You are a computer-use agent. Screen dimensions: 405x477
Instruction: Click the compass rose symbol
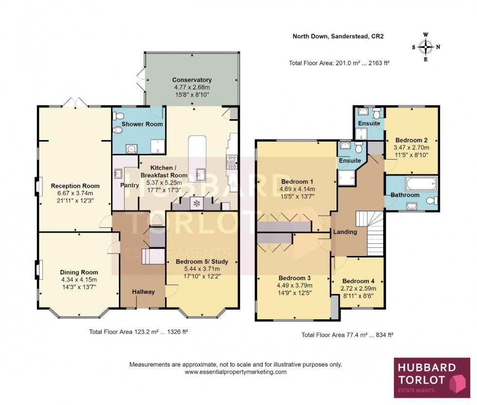pos(426,47)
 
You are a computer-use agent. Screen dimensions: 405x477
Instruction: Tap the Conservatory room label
pos(192,80)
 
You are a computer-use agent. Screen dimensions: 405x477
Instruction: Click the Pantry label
pos(129,185)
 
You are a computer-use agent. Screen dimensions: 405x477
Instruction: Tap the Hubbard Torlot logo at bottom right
pos(432,378)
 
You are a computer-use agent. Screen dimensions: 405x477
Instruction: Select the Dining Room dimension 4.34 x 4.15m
pos(79,279)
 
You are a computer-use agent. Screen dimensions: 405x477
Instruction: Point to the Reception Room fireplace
pos(37,185)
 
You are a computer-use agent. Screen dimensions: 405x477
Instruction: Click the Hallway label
pos(144,292)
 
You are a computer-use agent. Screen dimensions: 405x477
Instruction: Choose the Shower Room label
pos(142,124)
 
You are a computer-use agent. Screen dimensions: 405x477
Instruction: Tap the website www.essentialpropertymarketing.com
pos(236,372)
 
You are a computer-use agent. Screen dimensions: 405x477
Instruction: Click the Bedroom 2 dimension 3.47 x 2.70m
pos(412,147)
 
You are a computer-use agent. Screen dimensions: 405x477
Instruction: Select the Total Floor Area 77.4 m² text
pos(347,335)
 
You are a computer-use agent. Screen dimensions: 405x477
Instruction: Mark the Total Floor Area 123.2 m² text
pos(139,331)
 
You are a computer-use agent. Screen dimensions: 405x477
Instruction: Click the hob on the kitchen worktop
pos(231,161)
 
